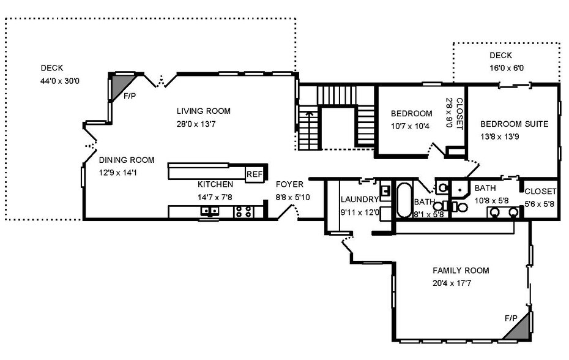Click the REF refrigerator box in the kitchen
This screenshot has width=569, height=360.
click(x=255, y=174)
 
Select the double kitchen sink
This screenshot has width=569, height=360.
click(x=210, y=211)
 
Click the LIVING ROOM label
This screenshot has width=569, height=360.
click(x=204, y=111)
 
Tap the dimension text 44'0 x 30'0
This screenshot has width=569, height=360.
click(x=60, y=81)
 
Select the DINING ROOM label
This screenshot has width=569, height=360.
click(x=127, y=160)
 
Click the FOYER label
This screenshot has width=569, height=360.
click(x=289, y=184)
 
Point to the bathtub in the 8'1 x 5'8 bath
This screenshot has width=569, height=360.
click(x=404, y=200)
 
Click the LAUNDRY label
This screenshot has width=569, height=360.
click(x=359, y=200)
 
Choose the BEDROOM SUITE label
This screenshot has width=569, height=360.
click(x=514, y=124)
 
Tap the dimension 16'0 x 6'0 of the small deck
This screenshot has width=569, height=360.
click(x=507, y=68)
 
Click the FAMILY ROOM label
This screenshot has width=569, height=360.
click(x=461, y=270)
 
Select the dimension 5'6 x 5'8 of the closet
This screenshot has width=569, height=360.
click(x=539, y=204)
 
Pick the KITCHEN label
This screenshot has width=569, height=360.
click(x=215, y=184)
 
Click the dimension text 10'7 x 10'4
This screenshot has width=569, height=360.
click(x=410, y=126)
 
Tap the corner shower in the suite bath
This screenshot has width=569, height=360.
click(x=459, y=189)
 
